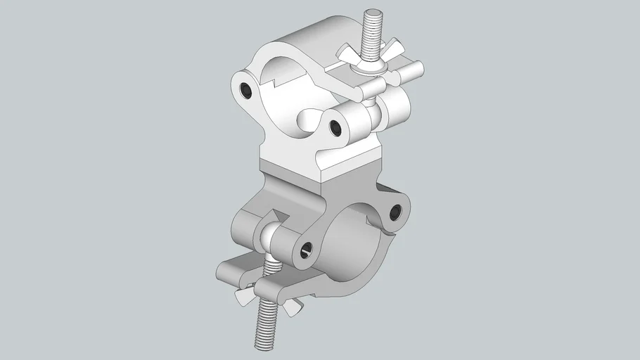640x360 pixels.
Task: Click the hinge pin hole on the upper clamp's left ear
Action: point(245,89)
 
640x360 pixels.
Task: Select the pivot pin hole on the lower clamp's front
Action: point(305,247)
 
